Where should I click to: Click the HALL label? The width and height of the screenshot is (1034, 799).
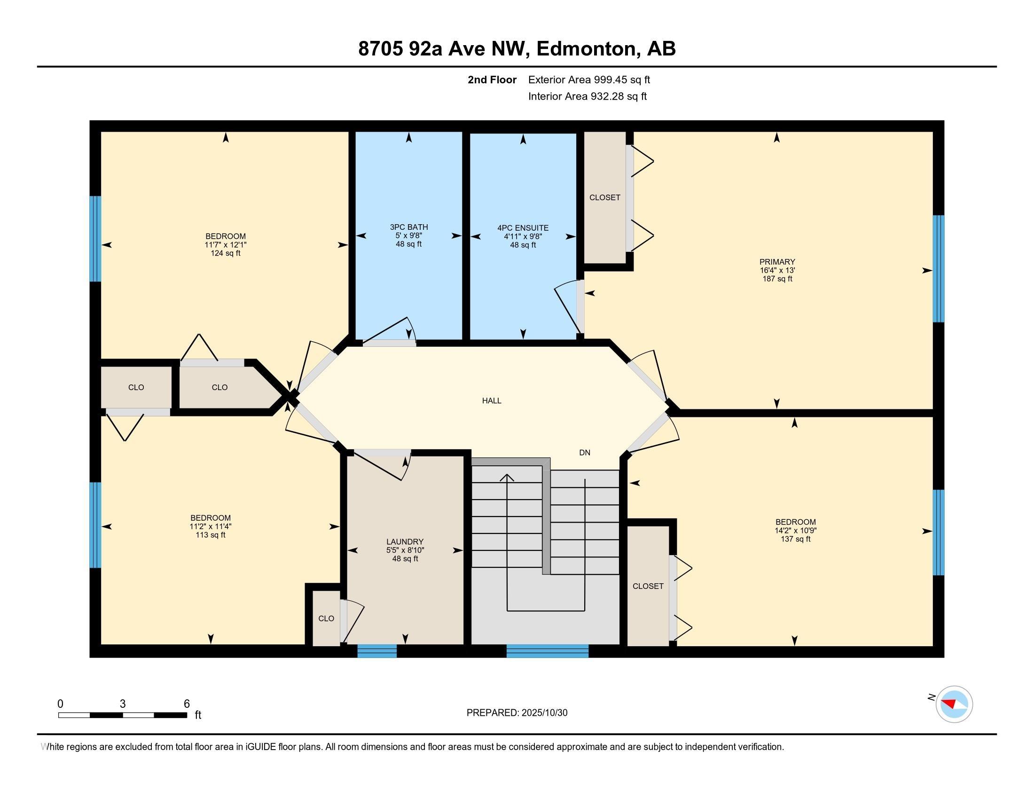point(492,400)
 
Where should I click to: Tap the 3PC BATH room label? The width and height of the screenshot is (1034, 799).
point(408,227)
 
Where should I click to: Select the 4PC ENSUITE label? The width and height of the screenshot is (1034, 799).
point(523,227)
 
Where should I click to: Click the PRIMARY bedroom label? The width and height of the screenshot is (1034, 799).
point(777,262)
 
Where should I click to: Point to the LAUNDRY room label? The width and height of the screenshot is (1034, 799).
point(404,541)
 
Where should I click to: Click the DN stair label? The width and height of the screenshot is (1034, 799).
point(585,453)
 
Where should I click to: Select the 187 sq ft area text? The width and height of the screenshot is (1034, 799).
point(777,279)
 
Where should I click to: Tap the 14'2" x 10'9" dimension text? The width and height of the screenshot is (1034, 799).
point(795,531)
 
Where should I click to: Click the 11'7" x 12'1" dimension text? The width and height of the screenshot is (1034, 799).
point(225,245)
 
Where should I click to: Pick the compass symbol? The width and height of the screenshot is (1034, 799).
point(954,704)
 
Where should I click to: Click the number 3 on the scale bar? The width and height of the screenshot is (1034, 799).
point(123,704)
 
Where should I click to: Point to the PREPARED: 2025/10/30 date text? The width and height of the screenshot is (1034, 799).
point(517,713)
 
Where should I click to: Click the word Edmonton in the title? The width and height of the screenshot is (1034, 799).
point(586,48)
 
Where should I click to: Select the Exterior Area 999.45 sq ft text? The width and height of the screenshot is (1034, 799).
point(589,79)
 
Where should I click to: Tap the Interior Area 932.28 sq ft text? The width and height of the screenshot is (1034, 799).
point(587,96)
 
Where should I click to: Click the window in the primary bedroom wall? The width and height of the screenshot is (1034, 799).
point(938,268)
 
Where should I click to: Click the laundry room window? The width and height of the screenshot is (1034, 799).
point(377,651)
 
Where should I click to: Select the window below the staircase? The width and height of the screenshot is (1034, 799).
point(547,651)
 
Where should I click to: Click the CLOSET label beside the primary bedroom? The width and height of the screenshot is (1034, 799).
point(604,197)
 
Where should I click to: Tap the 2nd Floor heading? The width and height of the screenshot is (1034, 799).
point(492,79)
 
